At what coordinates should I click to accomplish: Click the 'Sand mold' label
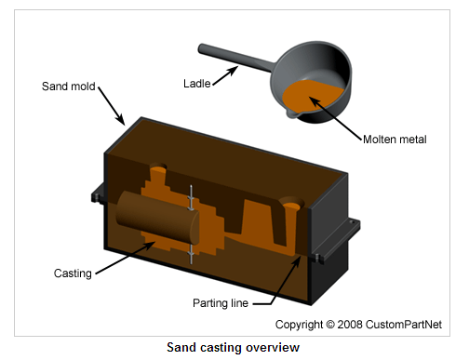click(69, 87)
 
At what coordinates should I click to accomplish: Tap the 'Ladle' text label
click(197, 84)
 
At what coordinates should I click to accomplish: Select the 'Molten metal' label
click(395, 140)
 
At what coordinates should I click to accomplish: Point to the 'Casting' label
click(73, 273)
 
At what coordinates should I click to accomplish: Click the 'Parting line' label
click(221, 303)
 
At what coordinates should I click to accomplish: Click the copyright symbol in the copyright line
click(330, 325)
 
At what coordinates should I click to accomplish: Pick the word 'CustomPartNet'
click(404, 325)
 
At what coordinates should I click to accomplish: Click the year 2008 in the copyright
click(350, 325)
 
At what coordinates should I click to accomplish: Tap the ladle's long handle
click(235, 58)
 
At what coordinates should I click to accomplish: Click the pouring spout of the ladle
click(292, 113)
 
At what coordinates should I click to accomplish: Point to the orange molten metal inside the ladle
click(311, 96)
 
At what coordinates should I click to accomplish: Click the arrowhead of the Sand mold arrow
click(122, 120)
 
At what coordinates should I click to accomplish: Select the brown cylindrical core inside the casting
click(157, 217)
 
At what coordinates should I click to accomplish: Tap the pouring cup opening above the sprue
click(291, 203)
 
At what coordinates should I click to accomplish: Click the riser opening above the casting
click(158, 168)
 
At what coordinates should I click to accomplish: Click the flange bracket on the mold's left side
click(98, 193)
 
